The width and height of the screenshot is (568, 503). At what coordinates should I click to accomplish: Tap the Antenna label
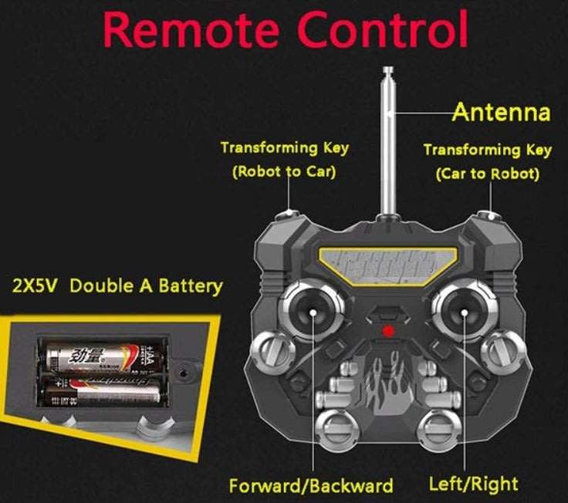tap(501, 113)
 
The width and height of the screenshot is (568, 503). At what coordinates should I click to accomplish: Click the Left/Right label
tap(473, 484)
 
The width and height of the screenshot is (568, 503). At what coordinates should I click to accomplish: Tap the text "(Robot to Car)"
tap(284, 171)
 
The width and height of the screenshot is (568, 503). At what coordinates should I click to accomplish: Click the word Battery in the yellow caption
tap(190, 286)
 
